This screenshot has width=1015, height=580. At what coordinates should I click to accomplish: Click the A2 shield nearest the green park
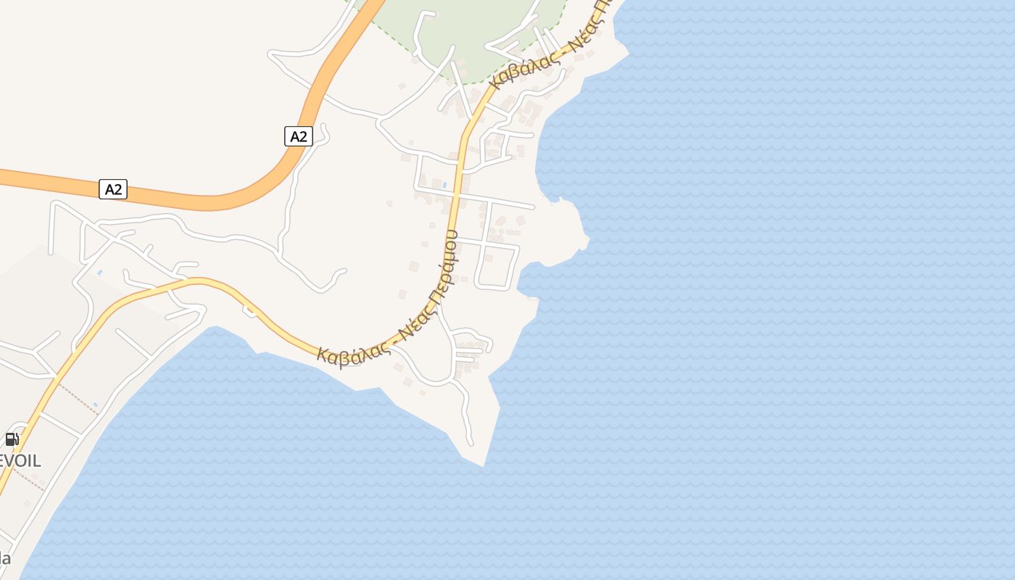click(298, 136)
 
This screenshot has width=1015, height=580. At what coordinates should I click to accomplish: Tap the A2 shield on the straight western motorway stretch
click(113, 189)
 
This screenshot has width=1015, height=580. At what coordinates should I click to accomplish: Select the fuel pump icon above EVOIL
click(12, 439)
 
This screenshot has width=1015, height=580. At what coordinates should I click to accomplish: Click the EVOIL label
click(20, 460)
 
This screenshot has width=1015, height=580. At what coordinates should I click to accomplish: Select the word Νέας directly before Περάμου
click(415, 327)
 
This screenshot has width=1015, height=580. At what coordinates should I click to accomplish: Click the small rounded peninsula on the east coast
click(569, 225)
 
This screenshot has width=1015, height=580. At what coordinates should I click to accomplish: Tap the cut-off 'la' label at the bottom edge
click(5, 558)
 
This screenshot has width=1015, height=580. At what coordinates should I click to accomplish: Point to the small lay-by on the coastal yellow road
click(249, 312)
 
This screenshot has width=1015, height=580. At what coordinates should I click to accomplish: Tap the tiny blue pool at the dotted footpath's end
click(95, 405)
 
